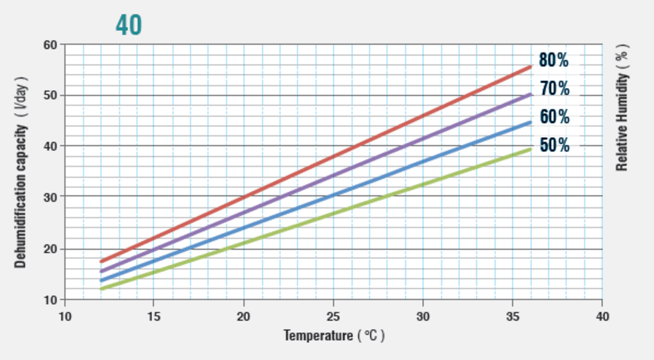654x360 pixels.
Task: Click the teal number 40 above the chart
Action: [129, 25]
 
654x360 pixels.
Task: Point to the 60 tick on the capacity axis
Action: [50, 45]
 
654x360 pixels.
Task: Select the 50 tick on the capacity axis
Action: [50, 95]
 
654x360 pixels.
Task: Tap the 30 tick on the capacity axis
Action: [50, 197]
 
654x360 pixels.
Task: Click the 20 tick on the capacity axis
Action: [50, 249]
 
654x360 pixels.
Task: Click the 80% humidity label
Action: [554, 61]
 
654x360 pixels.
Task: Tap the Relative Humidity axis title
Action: [622, 107]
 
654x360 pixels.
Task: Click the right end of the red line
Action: [530, 66]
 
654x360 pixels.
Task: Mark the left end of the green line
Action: [101, 289]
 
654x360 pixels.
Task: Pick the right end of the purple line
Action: [530, 94]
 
